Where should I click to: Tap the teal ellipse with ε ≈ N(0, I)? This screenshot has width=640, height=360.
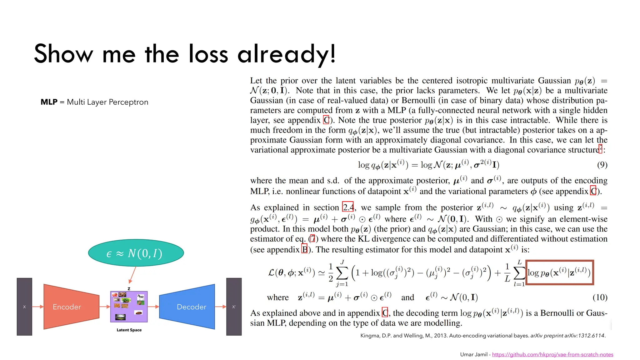[136, 253]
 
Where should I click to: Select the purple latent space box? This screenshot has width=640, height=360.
[129, 307]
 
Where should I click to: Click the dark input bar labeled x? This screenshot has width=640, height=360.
[24, 307]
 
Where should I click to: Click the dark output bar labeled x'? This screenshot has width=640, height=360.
[234, 307]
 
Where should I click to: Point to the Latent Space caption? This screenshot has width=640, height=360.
[129, 330]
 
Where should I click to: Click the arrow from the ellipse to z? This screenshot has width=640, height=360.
[132, 275]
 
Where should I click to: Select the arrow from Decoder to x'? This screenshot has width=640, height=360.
[220, 307]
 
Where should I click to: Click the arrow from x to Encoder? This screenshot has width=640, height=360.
[38, 307]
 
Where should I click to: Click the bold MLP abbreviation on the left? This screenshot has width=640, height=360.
[49, 102]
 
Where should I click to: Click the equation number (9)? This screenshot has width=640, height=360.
[602, 165]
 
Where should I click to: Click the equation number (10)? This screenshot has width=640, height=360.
[600, 297]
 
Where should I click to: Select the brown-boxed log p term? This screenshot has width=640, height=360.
[559, 272]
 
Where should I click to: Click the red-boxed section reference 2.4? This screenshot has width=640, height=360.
[348, 207]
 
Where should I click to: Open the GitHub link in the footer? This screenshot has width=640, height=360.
[552, 354]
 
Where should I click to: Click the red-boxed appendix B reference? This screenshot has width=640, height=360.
[304, 249]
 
